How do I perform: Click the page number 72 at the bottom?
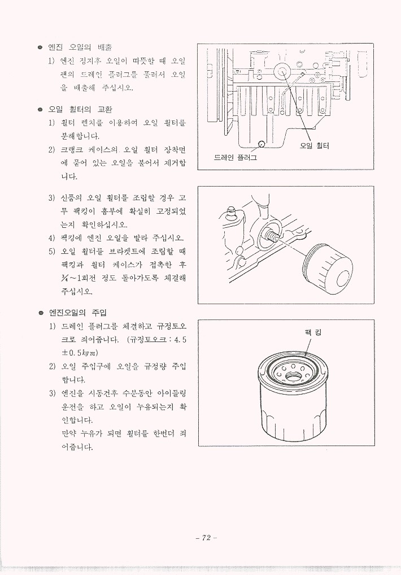[x=206, y=538]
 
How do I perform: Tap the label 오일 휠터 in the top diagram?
[x=314, y=145]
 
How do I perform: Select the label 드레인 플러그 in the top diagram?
[x=235, y=157]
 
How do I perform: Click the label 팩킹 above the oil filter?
[x=312, y=332]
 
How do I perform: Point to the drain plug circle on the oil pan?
[x=261, y=144]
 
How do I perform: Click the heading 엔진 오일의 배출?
[x=80, y=47]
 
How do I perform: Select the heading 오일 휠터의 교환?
[x=80, y=109]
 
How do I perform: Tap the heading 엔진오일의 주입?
[x=77, y=313]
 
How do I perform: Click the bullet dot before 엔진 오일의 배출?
[x=40, y=47]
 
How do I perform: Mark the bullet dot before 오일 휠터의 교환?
[x=40, y=110]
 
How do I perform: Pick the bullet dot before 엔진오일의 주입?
[x=41, y=313]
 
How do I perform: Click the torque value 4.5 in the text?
[x=181, y=340]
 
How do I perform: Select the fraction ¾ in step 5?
[x=65, y=278]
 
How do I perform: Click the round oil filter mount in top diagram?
[x=283, y=71]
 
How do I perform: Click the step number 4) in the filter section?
[x=52, y=237]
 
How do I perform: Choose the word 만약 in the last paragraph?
[x=68, y=434]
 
